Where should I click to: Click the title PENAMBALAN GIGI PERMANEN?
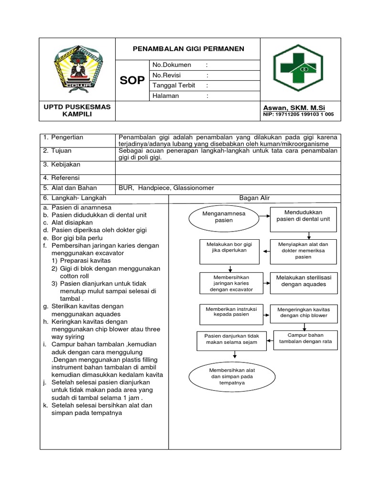pyautogui.click(x=188, y=49)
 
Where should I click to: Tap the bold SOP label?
pyautogui.click(x=132, y=81)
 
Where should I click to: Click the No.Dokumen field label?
pyautogui.click(x=172, y=65)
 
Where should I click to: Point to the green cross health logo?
pyautogui.click(x=300, y=70)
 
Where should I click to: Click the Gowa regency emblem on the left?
pyautogui.click(x=77, y=69)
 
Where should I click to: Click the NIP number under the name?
pyautogui.click(x=298, y=115)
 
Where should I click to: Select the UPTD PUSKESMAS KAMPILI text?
pyautogui.click(x=77, y=111)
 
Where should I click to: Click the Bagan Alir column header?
pyautogui.click(x=254, y=198)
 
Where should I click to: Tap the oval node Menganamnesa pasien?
pyautogui.click(x=217, y=217)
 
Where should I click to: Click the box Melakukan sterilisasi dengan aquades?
pyautogui.click(x=303, y=280)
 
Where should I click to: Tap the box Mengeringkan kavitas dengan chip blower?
pyautogui.click(x=303, y=312)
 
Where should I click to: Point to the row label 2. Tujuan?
pyautogui.click(x=60, y=151)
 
